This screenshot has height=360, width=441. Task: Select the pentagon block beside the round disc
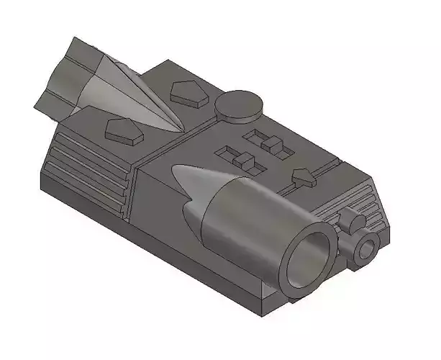tap(188, 92)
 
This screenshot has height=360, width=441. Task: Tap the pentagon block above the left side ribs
tap(123, 129)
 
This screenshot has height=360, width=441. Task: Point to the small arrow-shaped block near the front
tap(304, 177)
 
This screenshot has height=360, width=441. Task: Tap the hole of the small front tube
tap(367, 249)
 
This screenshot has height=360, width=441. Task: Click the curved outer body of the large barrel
tap(245, 216)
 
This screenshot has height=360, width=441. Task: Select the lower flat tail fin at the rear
tap(54, 101)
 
